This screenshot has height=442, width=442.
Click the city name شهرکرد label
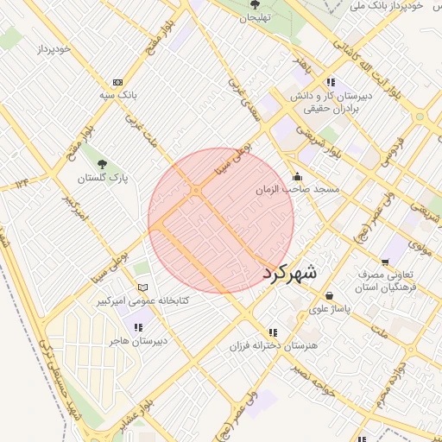(289, 271)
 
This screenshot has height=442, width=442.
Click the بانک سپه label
(118, 93)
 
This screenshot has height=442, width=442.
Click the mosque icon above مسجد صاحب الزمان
(298, 175)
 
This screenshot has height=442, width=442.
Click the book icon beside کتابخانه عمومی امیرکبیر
(143, 287)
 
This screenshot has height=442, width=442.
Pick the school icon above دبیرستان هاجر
(137, 327)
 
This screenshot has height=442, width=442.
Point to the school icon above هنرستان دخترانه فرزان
(273, 331)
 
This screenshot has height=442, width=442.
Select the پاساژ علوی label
(331, 308)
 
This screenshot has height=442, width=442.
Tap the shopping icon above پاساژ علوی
(330, 295)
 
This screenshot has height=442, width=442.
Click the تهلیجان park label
(256, 17)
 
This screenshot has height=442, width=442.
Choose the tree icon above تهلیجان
(256, 4)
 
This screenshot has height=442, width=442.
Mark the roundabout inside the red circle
(197, 189)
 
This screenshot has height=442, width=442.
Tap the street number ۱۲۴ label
(22, 182)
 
